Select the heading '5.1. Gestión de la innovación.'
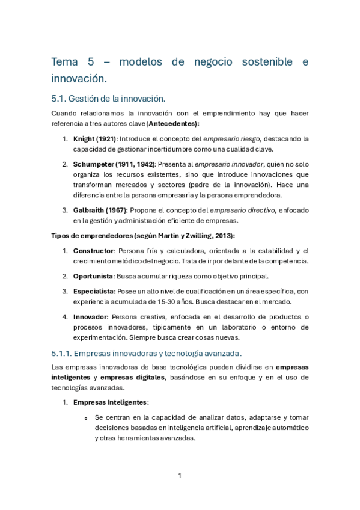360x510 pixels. [x=109, y=98]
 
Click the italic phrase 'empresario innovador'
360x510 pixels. [x=207, y=164]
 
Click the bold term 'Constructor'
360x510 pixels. [x=93, y=251]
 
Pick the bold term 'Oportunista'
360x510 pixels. [x=93, y=276]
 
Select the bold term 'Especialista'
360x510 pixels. [x=93, y=291]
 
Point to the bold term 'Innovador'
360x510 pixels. [x=90, y=316]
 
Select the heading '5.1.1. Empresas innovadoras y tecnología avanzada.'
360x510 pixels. [x=147, y=353]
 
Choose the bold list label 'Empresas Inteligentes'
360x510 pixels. [x=109, y=402]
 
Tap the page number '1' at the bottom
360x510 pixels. [x=180, y=476]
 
